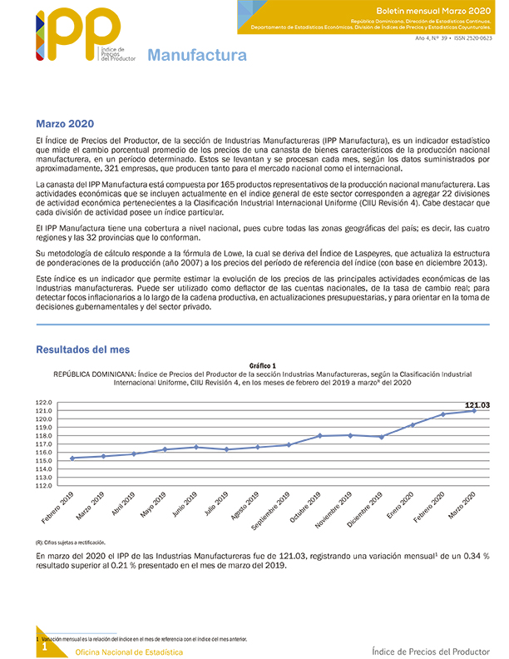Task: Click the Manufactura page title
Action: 197,56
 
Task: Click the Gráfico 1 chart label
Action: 262,366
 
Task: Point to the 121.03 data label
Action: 476,404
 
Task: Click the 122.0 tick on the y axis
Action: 44,402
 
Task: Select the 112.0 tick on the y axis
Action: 44,486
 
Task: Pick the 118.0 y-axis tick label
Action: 44,435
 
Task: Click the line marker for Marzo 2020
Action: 474,410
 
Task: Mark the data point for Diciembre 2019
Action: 381,437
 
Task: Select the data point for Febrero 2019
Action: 73,458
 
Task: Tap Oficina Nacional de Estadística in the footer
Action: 129,652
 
